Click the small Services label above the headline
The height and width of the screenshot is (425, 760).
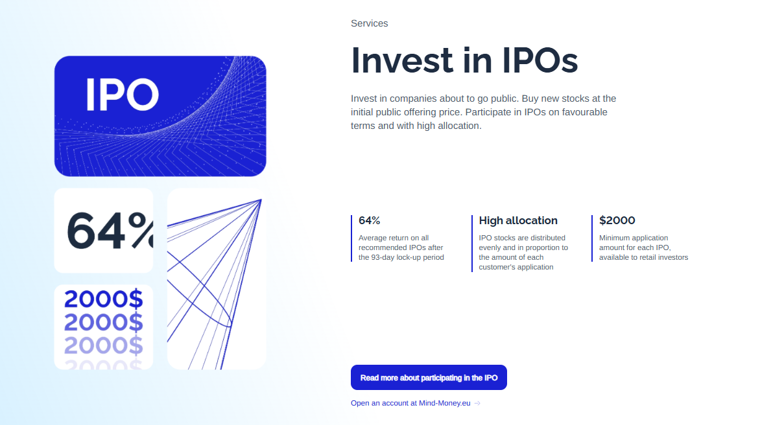370,23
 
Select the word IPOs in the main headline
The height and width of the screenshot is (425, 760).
540,60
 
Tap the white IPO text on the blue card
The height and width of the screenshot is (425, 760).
122,95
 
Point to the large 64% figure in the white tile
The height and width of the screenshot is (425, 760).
110,231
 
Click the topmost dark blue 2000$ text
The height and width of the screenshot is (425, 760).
103,299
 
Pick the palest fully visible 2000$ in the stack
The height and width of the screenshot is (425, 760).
103,345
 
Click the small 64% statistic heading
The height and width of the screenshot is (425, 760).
370,221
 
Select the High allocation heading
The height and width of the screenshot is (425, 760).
518,221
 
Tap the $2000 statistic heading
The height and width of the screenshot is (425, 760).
617,221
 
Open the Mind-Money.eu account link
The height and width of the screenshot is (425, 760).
410,403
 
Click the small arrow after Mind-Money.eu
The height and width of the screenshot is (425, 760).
477,403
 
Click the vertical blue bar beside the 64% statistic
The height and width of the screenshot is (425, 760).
351,238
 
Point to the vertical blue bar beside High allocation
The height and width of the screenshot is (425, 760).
471,244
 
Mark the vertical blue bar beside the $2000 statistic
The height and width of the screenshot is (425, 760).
592,238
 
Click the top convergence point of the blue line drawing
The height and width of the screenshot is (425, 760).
261,200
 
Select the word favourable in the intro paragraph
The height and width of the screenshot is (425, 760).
584,112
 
